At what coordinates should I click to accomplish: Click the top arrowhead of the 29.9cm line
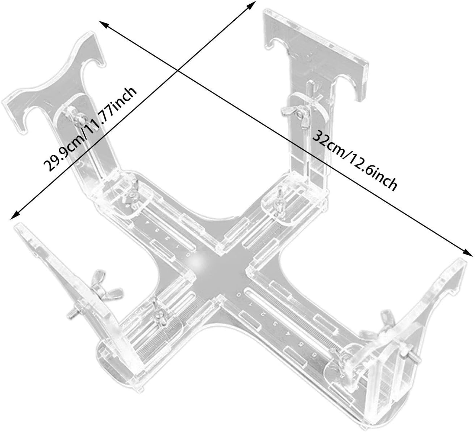251,5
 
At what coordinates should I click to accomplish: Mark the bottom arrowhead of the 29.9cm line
15,215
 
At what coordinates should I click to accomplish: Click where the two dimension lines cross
178,70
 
